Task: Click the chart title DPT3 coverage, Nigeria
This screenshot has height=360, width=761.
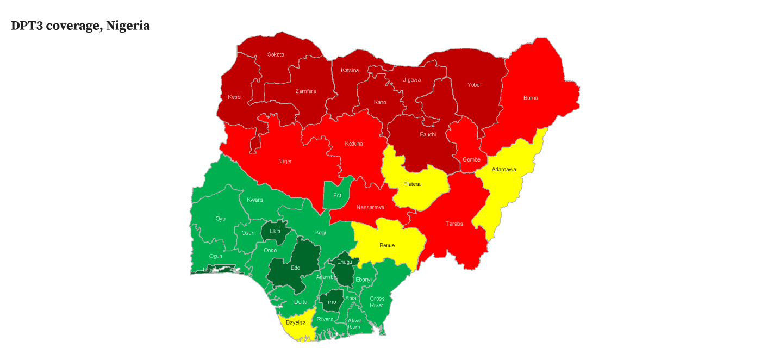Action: pyautogui.click(x=80, y=26)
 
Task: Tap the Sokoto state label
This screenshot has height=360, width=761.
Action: pyautogui.click(x=276, y=54)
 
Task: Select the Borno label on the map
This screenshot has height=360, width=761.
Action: pyautogui.click(x=531, y=98)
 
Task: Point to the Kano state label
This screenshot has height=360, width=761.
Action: pyautogui.click(x=380, y=102)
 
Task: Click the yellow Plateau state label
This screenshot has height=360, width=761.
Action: pyautogui.click(x=413, y=184)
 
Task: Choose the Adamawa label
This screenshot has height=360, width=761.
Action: pyautogui.click(x=504, y=169)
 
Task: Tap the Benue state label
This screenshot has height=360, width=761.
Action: pyautogui.click(x=387, y=245)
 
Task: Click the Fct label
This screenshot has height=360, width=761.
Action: pyautogui.click(x=338, y=195)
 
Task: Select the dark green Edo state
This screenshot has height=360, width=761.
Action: pyautogui.click(x=295, y=268)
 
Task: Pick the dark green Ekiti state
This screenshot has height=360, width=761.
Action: pyautogui.click(x=275, y=231)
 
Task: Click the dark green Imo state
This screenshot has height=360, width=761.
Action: pyautogui.click(x=331, y=302)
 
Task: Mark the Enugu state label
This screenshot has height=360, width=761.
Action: pyautogui.click(x=345, y=262)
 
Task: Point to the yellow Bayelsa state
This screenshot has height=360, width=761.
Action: pyautogui.click(x=296, y=322)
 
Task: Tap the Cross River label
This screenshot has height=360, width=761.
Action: pyautogui.click(x=377, y=302)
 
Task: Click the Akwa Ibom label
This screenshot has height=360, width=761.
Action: pyautogui.click(x=354, y=324)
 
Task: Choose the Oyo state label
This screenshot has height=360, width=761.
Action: pyautogui.click(x=220, y=219)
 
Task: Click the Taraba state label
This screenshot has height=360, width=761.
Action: pyautogui.click(x=454, y=224)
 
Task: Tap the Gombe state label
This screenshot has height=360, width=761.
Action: pyautogui.click(x=471, y=159)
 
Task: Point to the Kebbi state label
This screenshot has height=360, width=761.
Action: pyautogui.click(x=235, y=97)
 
